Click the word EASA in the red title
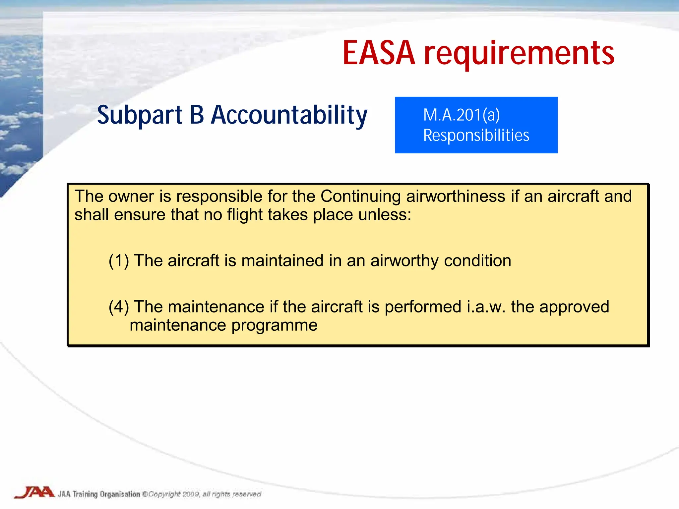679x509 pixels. (x=379, y=53)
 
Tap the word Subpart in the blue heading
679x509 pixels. (x=140, y=115)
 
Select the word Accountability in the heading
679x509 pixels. (x=289, y=115)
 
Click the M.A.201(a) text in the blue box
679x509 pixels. (x=461, y=115)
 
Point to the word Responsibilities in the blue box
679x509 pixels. (x=476, y=135)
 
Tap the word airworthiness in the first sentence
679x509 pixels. (x=456, y=196)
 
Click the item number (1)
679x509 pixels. (x=119, y=261)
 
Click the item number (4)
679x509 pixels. (x=119, y=307)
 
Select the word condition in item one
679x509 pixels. (x=477, y=261)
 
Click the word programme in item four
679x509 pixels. (x=274, y=325)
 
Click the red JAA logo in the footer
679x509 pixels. (x=34, y=492)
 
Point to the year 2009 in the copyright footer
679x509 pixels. (x=191, y=494)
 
